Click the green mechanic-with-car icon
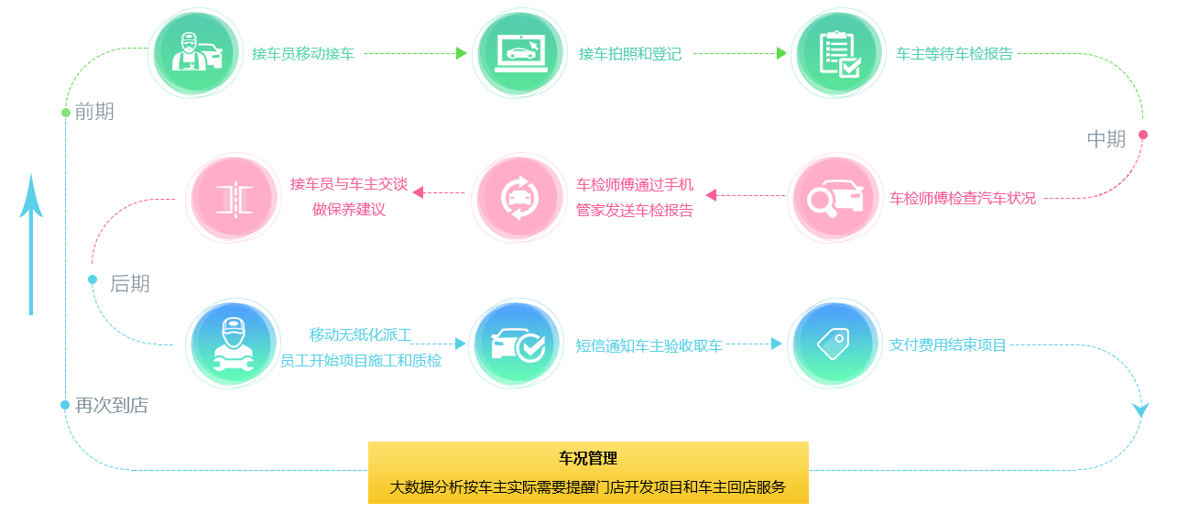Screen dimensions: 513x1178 pyautogui.click(x=195, y=53)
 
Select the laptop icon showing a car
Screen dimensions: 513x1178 pyautogui.click(x=519, y=53)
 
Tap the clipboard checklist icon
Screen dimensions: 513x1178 pyautogui.click(x=838, y=53)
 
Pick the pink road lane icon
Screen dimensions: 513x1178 pyautogui.click(x=234, y=198)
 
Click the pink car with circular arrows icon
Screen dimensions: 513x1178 pyautogui.click(x=520, y=198)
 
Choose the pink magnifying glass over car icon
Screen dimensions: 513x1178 pyautogui.click(x=835, y=198)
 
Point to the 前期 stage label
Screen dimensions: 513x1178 pyautogui.click(x=94, y=113)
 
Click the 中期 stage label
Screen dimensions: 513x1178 pyautogui.click(x=1106, y=139)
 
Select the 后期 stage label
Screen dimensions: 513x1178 pyautogui.click(x=129, y=285)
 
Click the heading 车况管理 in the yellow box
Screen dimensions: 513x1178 pyautogui.click(x=588, y=458)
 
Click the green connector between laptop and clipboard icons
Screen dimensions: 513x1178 pyautogui.click(x=738, y=51)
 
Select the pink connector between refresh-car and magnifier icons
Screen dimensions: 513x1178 pyautogui.click(x=745, y=195)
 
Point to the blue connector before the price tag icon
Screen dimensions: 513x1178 pyautogui.click(x=754, y=344)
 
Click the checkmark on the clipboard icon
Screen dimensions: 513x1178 pyautogui.click(x=851, y=67)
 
